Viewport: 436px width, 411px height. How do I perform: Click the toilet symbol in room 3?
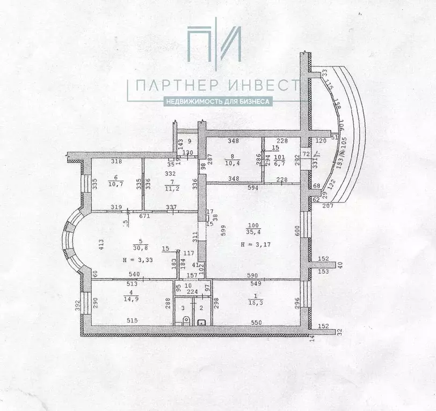(x=185, y=321)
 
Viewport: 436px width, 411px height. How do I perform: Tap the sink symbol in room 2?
(x=202, y=322)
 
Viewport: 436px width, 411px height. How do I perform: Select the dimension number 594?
(x=253, y=188)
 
